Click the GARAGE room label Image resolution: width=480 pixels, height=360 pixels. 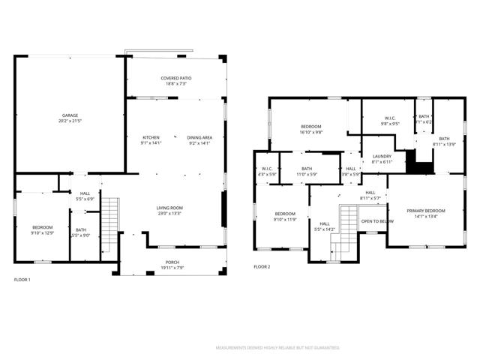click(69, 115)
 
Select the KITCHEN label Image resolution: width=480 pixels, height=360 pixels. click(151, 137)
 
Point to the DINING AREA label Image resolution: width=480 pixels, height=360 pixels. click(199, 137)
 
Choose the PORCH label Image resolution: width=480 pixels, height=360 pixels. click(172, 262)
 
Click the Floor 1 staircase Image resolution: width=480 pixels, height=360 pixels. click(110, 217)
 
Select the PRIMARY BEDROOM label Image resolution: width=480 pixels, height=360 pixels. click(425, 211)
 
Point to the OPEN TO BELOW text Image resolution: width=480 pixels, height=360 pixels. click(377, 221)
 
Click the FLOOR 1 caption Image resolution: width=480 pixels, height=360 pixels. click(22, 280)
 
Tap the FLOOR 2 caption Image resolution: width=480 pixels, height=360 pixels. click(261, 267)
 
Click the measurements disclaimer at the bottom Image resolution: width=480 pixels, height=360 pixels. click(277, 348)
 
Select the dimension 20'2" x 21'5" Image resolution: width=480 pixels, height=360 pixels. click(69, 120)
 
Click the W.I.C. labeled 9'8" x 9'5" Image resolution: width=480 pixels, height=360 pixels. click(390, 121)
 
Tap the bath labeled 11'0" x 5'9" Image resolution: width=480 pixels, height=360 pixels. click(307, 171)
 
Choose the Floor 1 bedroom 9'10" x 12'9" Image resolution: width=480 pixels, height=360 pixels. click(42, 229)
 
